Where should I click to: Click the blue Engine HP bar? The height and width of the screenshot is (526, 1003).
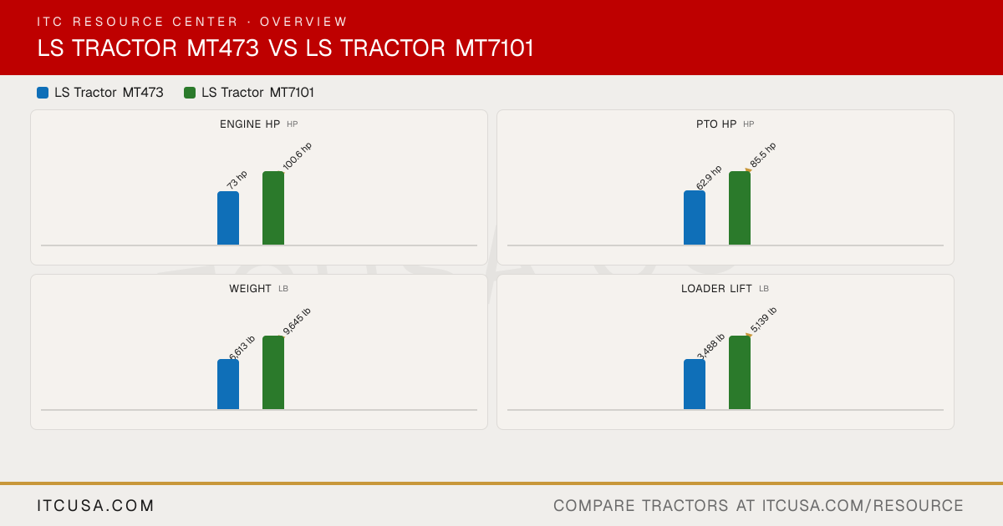point(228,218)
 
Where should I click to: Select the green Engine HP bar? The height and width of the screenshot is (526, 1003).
point(273,208)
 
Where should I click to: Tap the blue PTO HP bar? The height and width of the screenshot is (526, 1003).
point(695,218)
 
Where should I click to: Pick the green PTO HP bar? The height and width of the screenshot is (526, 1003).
point(740,208)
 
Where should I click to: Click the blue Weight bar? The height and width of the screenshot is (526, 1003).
point(228,384)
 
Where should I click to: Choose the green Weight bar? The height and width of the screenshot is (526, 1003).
point(273,372)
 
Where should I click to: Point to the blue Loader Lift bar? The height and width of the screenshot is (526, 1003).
point(695,384)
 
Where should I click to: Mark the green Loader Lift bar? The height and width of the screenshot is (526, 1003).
point(740,372)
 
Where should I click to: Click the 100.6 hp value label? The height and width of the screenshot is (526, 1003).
point(298,156)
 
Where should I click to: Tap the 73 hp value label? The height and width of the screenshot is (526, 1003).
point(237,180)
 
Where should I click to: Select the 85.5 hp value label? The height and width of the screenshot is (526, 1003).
point(763,154)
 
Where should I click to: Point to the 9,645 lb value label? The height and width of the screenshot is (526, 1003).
point(297,321)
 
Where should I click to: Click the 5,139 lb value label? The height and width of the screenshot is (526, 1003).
point(763,320)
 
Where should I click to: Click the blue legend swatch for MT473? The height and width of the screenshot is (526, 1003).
point(43,93)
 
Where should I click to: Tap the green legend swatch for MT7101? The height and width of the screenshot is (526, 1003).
point(190,93)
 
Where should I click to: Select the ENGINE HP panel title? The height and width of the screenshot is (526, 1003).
point(250,124)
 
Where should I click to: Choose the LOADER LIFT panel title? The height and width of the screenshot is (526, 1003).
point(716,289)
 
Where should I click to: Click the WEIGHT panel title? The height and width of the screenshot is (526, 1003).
point(250,289)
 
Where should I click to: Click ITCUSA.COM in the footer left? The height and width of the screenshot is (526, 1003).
point(96,505)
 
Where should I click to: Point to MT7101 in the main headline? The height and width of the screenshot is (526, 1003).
point(494,48)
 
